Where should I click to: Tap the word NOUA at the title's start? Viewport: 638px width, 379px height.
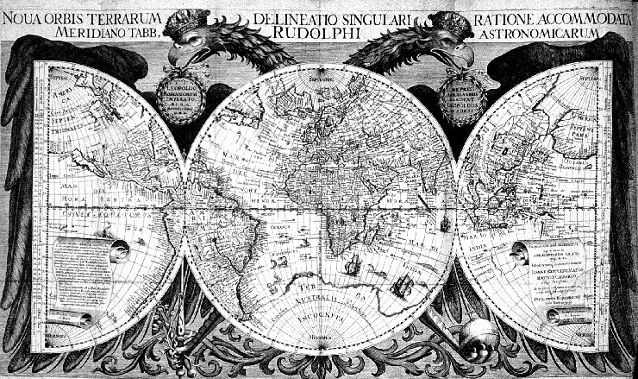click(24, 18)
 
